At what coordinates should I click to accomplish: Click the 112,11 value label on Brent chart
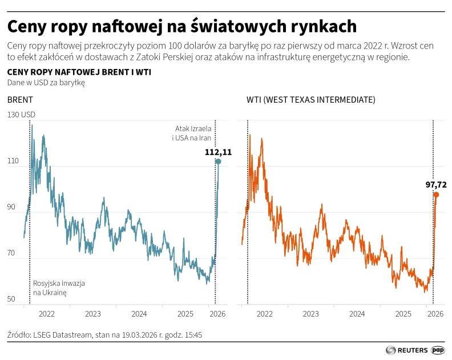(x=218, y=152)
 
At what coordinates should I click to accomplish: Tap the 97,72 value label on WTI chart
(x=435, y=184)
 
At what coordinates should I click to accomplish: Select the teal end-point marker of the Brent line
(x=218, y=162)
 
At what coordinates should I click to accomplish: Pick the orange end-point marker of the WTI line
(x=436, y=195)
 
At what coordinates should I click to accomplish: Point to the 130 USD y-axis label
(x=21, y=115)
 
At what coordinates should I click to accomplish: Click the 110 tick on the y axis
(x=13, y=162)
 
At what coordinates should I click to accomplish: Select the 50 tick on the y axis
(x=13, y=300)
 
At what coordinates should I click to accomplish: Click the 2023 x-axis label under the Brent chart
(x=92, y=314)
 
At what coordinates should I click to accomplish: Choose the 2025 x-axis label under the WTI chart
(x=403, y=314)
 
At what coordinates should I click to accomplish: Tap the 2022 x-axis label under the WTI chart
(x=264, y=314)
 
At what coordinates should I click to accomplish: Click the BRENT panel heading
(x=20, y=100)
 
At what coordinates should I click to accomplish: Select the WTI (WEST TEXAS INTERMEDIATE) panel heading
(x=310, y=100)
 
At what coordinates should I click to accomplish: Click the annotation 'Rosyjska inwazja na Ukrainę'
(x=59, y=288)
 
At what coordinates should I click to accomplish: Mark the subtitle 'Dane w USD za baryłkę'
(x=46, y=83)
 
